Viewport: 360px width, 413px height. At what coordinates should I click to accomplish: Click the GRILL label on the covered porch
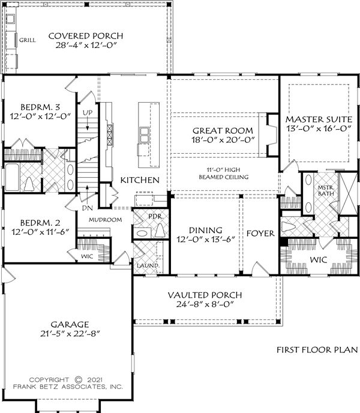pos(27,40)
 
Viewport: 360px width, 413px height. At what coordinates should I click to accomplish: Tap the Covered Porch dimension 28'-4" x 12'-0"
pos(86,45)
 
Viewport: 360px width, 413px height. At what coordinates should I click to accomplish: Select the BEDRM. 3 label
pos(40,107)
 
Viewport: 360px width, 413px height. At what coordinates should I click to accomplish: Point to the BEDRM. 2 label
pos(40,223)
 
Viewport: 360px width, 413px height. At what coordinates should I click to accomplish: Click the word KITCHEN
pos(140,180)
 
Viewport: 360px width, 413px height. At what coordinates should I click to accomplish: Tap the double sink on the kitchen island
pos(144,135)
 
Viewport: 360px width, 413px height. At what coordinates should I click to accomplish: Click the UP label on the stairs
pos(88,113)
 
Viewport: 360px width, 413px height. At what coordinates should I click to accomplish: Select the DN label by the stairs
pos(88,208)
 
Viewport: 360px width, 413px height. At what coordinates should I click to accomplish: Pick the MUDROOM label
pos(105,220)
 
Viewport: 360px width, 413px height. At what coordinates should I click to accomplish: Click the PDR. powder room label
pos(156,217)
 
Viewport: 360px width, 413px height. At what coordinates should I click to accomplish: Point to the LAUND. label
pos(148,265)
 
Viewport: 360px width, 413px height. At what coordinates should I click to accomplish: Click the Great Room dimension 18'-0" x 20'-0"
pos(223,140)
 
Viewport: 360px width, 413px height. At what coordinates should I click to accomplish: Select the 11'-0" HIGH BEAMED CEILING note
pos(224,173)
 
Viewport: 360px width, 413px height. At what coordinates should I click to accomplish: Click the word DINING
pos(205,230)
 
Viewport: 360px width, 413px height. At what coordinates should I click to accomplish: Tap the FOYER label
pos(260,234)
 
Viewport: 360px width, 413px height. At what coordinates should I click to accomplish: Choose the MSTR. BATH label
pos(326,191)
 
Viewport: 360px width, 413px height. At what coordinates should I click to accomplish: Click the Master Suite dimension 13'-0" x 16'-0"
pos(319,128)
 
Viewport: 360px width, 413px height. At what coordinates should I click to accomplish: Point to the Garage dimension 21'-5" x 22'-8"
pos(70,334)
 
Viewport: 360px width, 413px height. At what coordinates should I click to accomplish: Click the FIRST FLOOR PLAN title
pos(317,350)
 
